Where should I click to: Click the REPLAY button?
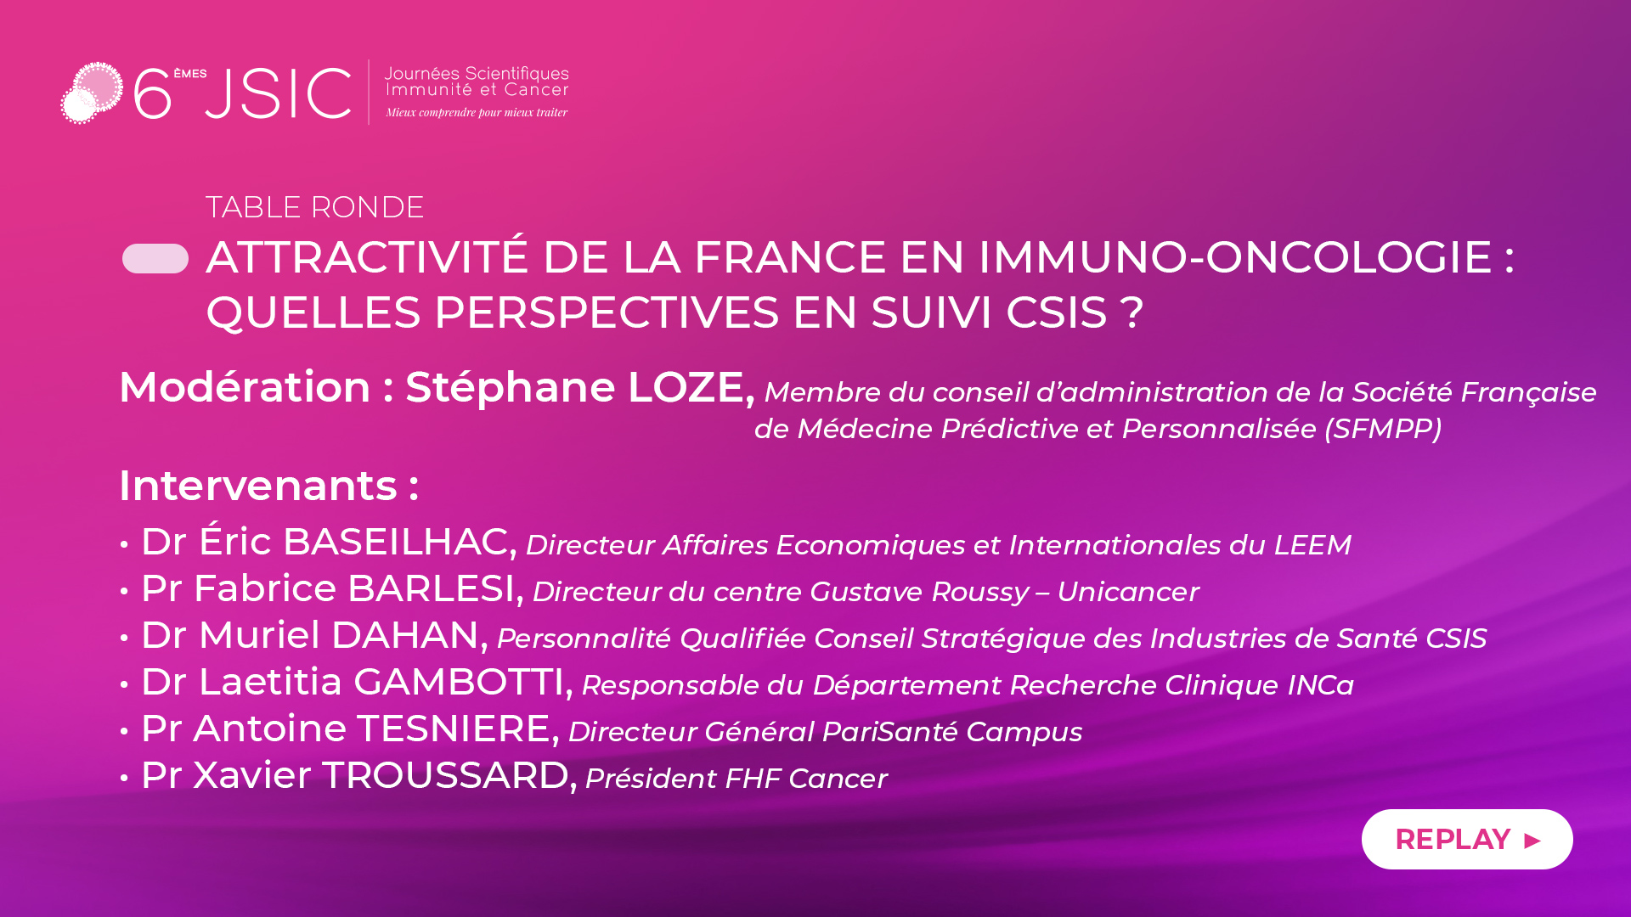click(1467, 839)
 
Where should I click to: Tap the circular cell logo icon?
click(92, 93)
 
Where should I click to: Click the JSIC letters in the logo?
click(278, 93)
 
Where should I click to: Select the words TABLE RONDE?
click(314, 207)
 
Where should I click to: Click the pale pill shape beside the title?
click(155, 259)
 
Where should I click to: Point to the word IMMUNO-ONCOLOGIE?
click(1235, 257)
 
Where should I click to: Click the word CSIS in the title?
click(1057, 312)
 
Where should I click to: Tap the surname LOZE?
click(686, 387)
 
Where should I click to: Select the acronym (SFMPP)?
click(1383, 429)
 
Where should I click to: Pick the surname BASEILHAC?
click(396, 542)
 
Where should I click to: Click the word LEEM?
click(1312, 545)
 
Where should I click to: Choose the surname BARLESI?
click(432, 588)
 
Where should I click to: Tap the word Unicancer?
click(1128, 592)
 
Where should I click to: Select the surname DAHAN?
click(405, 635)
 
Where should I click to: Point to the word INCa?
click(1321, 685)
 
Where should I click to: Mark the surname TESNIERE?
click(453, 729)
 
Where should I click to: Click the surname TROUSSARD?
click(445, 775)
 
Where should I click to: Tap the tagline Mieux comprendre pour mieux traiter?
click(477, 112)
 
